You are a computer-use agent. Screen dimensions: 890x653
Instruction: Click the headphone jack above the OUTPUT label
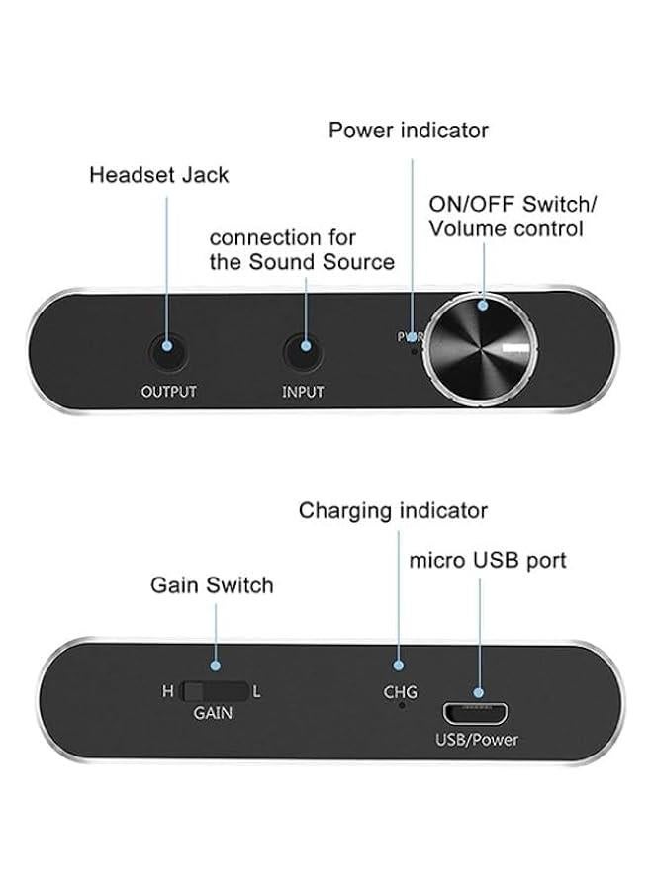[168, 350]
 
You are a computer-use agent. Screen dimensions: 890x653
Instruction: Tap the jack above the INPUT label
[303, 350]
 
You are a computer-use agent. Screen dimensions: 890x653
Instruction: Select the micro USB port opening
[477, 712]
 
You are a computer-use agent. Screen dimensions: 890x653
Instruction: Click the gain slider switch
[214, 691]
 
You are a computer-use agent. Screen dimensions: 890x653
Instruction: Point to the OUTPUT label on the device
[168, 392]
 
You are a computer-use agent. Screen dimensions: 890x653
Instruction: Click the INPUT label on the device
[303, 392]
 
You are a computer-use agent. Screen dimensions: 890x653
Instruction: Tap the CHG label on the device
[400, 692]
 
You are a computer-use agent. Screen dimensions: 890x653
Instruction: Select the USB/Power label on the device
[477, 740]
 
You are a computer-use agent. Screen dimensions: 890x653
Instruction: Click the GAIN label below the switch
[213, 712]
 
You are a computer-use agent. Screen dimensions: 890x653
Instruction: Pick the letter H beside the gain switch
[167, 691]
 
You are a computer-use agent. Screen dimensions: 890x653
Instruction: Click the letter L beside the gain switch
[257, 691]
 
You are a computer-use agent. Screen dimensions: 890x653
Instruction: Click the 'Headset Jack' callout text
[158, 175]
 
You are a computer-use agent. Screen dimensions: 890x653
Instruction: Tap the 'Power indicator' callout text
[409, 130]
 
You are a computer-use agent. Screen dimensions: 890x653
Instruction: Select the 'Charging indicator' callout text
[393, 511]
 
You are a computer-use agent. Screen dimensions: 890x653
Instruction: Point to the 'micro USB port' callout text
[488, 561]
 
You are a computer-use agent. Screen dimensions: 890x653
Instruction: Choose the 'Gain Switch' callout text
[212, 584]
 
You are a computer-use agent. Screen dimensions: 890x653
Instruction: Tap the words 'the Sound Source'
[302, 262]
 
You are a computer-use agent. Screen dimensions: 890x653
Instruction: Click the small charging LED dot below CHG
[401, 706]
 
